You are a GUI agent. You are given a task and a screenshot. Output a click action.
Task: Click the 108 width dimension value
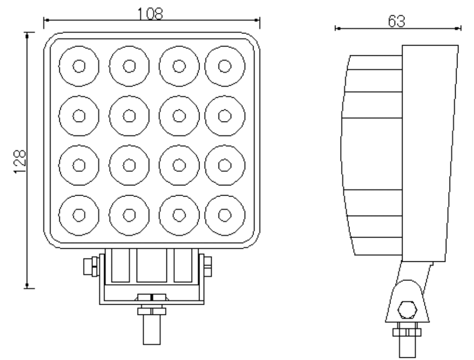point(150,13)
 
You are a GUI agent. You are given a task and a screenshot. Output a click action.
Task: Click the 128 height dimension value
point(20,162)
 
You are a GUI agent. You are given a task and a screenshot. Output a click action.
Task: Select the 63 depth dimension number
point(396,21)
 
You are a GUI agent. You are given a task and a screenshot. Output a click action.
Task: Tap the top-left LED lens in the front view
point(79,66)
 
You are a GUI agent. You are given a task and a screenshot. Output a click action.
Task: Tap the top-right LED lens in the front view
point(225,66)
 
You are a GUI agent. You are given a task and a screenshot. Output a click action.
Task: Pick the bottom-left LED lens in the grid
point(79,215)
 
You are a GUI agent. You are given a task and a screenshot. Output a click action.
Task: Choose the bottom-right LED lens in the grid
point(225,215)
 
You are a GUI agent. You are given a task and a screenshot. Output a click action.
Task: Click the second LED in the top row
point(129,66)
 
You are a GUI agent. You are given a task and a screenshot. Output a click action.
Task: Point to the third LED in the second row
point(179,116)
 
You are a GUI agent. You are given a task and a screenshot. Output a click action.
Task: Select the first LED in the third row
point(79,165)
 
